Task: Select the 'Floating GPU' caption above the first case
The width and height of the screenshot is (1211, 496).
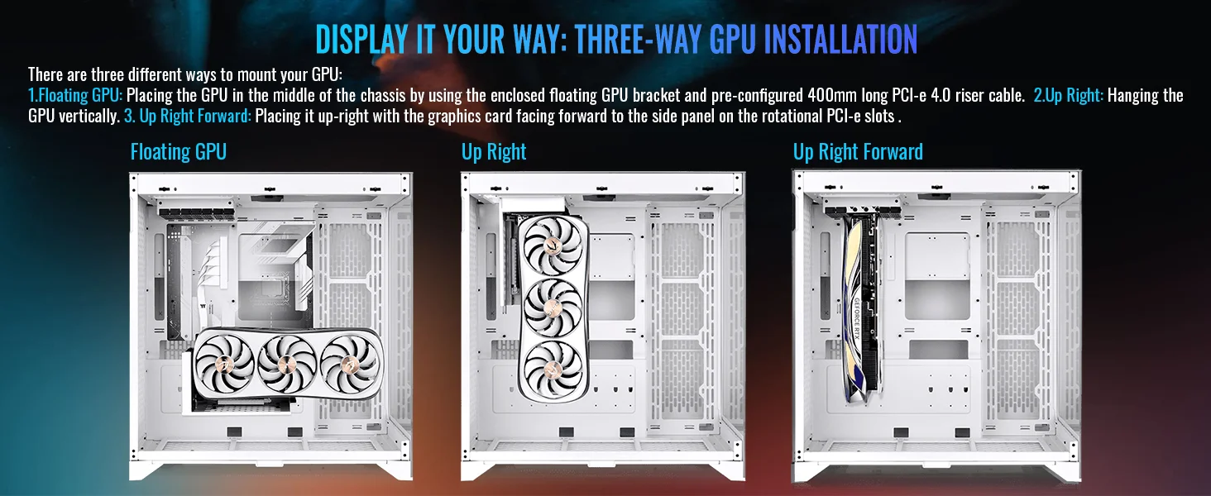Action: pyautogui.click(x=179, y=152)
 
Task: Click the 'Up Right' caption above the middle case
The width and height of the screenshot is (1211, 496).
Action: pyautogui.click(x=494, y=152)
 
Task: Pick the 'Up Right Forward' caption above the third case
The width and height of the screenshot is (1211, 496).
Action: pyautogui.click(x=858, y=152)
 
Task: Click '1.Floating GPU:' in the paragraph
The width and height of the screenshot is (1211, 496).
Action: pyautogui.click(x=76, y=96)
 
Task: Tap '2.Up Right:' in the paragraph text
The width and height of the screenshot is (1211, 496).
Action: pyautogui.click(x=1068, y=96)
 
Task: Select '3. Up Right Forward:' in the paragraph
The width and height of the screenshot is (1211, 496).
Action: pyautogui.click(x=188, y=117)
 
